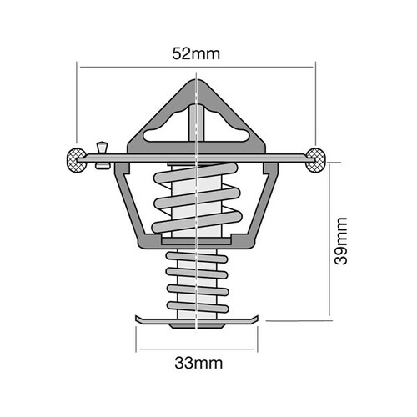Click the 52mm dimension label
195,54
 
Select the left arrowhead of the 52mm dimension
79,66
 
